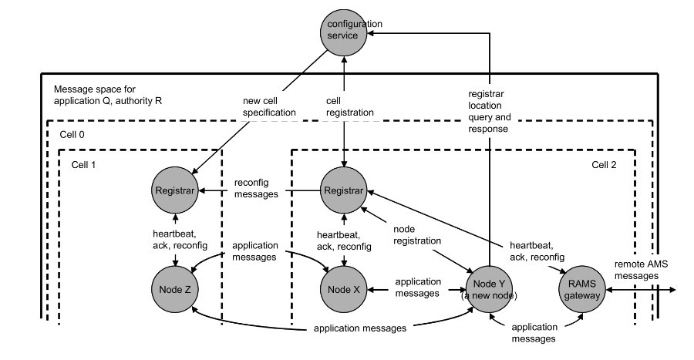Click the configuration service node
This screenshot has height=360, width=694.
pos(343,30)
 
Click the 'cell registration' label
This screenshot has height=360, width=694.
pos(349,106)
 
